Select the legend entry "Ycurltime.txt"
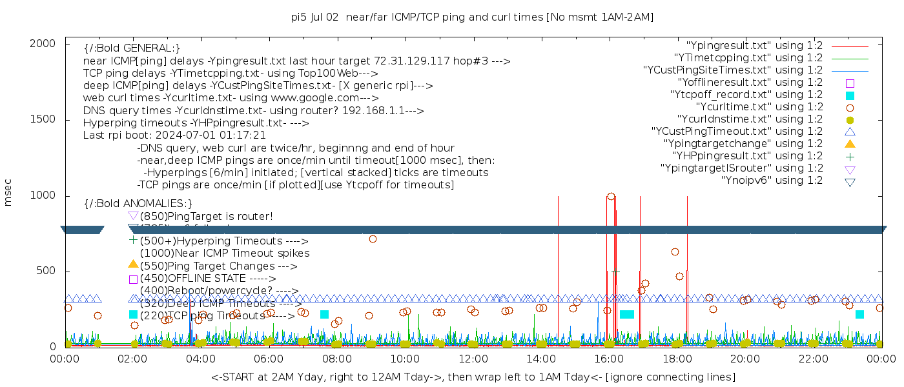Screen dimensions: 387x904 [x=759, y=107]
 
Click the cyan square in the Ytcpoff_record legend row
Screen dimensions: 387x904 [x=850, y=95]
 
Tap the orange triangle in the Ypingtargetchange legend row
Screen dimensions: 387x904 [x=850, y=144]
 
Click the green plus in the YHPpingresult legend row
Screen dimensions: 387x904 [x=850, y=156]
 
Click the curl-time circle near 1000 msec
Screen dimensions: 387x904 [x=611, y=197]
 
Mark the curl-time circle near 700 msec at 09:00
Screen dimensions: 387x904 [x=373, y=239]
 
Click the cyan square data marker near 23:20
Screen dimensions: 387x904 [x=859, y=314]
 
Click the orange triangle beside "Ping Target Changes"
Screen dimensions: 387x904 [x=133, y=264]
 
